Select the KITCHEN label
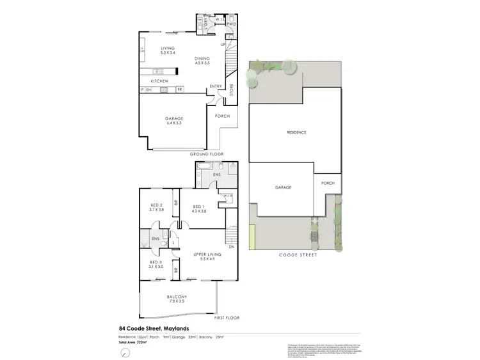[x=159, y=82]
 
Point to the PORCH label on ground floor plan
[x=222, y=116]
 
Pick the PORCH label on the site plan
[x=328, y=183]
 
